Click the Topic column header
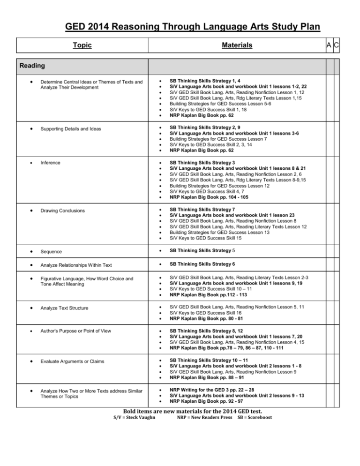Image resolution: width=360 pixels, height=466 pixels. [82, 45]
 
